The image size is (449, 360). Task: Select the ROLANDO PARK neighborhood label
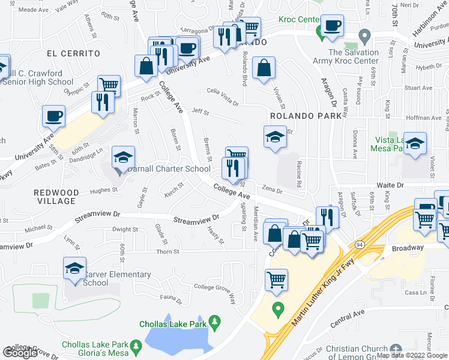tap(301, 116)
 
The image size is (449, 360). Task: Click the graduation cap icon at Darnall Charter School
tap(123, 157)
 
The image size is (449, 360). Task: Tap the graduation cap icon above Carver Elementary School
tap(74, 268)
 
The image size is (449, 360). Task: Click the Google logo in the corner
tap(20, 353)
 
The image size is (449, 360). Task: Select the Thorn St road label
tap(168, 252)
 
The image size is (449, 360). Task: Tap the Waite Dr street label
tap(388, 185)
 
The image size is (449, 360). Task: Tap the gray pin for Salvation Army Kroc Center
tap(364, 37)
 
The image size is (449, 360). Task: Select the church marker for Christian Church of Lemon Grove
tap(394, 349)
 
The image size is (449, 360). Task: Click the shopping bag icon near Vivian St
tap(264, 68)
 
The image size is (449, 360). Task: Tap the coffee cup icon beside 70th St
tap(332, 25)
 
